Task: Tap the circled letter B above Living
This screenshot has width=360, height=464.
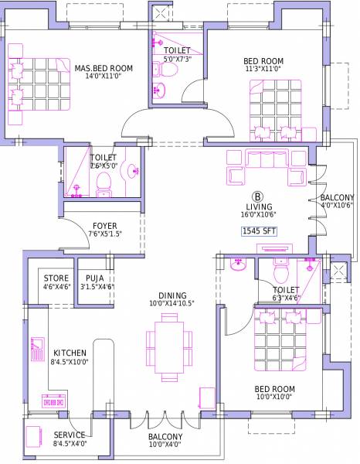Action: (x=257, y=196)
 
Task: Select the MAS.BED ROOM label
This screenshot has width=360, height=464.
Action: (x=104, y=69)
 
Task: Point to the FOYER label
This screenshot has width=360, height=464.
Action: (x=104, y=227)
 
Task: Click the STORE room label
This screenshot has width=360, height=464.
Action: (x=56, y=278)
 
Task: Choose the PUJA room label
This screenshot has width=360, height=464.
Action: (x=96, y=278)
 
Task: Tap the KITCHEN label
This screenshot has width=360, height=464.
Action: (x=68, y=352)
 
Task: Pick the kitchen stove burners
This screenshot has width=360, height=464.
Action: (x=53, y=401)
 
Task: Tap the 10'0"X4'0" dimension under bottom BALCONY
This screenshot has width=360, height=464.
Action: (x=166, y=445)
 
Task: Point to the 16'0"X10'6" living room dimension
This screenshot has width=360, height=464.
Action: (x=259, y=216)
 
